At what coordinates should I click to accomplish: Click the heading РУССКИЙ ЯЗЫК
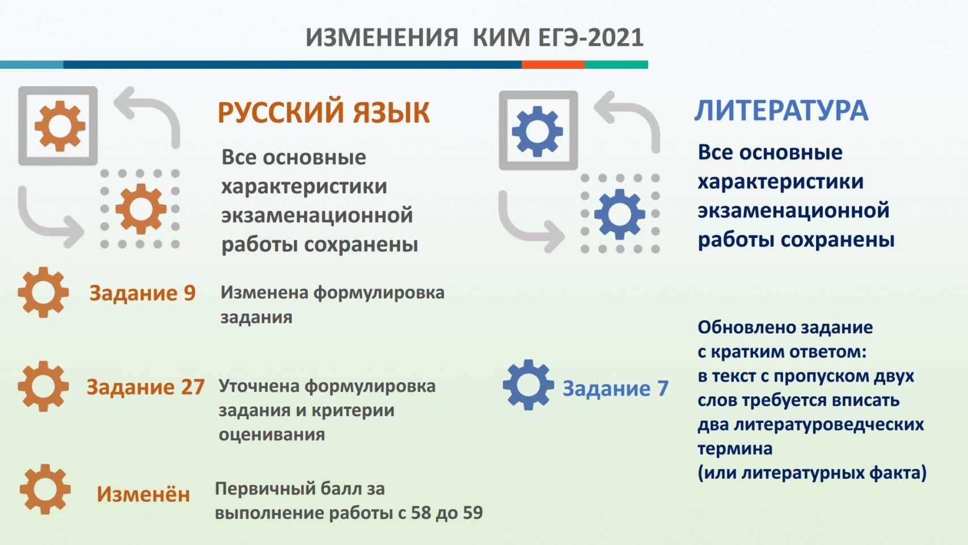[324, 112]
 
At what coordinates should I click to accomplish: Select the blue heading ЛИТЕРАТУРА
[781, 110]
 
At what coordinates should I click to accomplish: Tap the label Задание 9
[142, 294]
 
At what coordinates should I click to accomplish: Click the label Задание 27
[146, 387]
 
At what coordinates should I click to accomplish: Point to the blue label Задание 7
[615, 388]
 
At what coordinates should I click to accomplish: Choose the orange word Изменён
[143, 494]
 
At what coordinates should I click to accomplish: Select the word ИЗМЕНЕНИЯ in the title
[382, 37]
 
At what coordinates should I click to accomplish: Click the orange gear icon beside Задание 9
[43, 292]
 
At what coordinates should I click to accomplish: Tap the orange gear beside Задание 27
[43, 386]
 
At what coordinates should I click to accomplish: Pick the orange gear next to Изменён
[45, 489]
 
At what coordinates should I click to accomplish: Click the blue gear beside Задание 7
[528, 385]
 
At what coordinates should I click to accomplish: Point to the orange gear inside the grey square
[60, 126]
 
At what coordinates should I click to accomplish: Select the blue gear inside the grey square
[538, 131]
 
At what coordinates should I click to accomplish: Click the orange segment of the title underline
[553, 65]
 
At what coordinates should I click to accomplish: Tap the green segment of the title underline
[616, 65]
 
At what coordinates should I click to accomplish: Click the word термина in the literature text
[735, 449]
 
